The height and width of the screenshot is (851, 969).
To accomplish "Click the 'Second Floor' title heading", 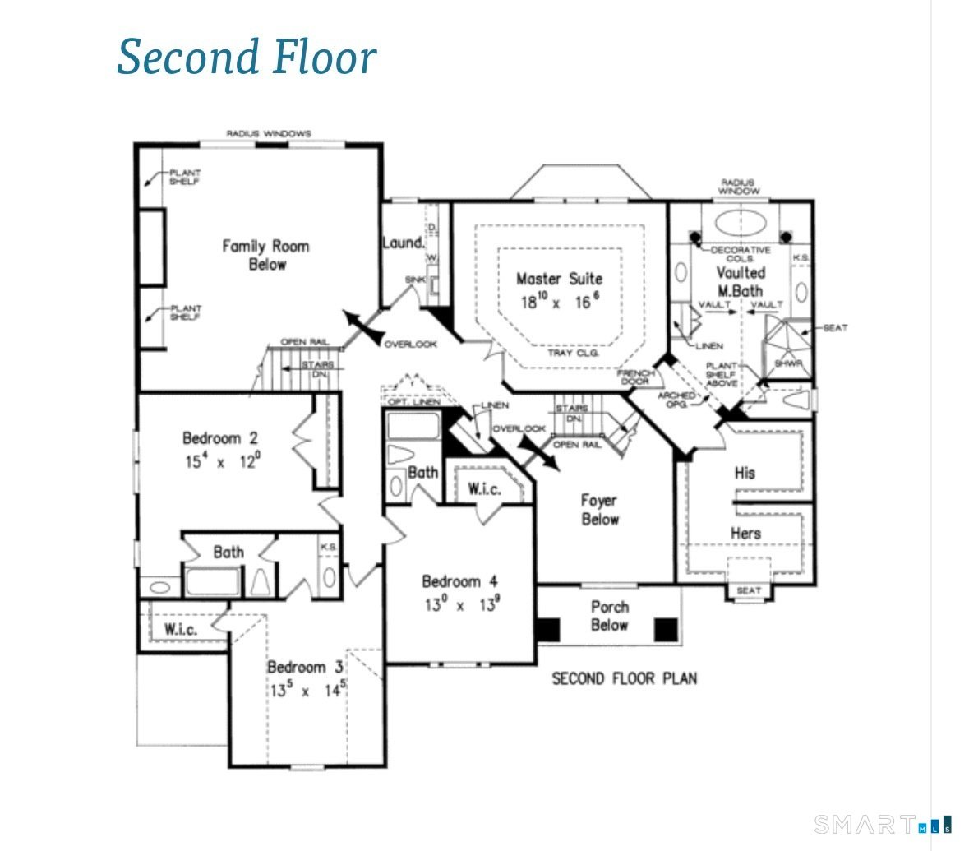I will click(x=247, y=57).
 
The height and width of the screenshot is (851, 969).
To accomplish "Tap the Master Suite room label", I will click(x=559, y=279).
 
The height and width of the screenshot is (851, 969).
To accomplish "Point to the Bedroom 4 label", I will click(x=459, y=581).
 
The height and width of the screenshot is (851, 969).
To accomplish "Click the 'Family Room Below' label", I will click(x=266, y=255).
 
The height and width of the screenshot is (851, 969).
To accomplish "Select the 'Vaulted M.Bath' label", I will click(x=740, y=281).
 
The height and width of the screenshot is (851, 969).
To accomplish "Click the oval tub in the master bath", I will click(x=739, y=223).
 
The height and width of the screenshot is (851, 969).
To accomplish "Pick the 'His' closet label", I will click(x=745, y=473).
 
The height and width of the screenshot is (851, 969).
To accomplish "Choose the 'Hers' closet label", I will click(x=745, y=534).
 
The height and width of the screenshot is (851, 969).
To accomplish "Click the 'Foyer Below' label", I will click(x=599, y=510).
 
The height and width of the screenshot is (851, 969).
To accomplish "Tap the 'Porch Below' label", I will click(x=610, y=616).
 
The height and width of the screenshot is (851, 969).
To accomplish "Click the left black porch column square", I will click(x=547, y=630).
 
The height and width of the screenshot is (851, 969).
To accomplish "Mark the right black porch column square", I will click(x=666, y=630).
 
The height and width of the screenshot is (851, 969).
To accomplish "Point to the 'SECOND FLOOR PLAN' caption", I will click(x=624, y=678).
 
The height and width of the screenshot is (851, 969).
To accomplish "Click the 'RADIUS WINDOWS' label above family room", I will click(x=269, y=133).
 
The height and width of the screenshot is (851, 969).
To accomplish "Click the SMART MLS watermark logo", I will click(x=883, y=823).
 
